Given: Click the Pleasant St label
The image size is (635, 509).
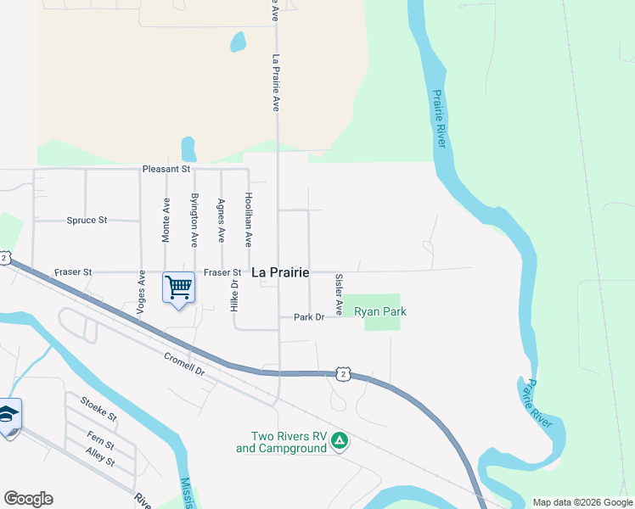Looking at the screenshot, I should pos(166,170).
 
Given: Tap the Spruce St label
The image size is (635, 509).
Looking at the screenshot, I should pos(87,221).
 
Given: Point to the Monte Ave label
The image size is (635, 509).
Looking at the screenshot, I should pos(166,218).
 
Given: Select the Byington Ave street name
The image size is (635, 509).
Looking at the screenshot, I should pos(194,218).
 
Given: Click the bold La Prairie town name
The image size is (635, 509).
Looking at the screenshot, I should pos(281,272).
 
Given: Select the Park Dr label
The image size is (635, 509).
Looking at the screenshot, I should pos(309,317).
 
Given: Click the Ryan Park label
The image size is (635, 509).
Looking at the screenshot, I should pos(380,312).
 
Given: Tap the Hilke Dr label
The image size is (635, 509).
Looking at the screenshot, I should pos(234,294).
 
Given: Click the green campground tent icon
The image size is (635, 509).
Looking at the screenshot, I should pos(339,440).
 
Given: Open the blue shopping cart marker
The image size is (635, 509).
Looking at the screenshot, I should pos(178,288).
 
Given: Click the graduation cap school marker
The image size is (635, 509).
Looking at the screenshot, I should pos(8,415).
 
